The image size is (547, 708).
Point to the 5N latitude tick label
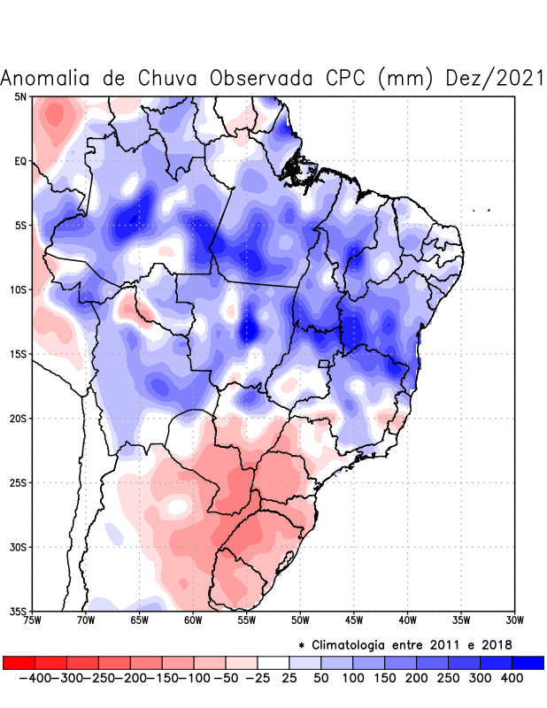[20, 96]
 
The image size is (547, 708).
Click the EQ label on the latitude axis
[20, 161]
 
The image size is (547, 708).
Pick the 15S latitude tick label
[19, 354]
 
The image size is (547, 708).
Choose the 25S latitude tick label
[19, 482]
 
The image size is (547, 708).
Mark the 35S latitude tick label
[19, 611]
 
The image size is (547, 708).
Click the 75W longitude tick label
[33, 619]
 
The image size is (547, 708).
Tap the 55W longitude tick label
[247, 619]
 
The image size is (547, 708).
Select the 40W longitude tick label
[407, 619]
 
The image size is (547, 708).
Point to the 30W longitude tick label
[515, 619]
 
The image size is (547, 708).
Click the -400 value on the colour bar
[35, 678]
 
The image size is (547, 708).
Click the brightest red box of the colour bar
[19, 663]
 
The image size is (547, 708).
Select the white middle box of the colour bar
[273, 663]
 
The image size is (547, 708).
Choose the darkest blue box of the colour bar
[528, 663]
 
